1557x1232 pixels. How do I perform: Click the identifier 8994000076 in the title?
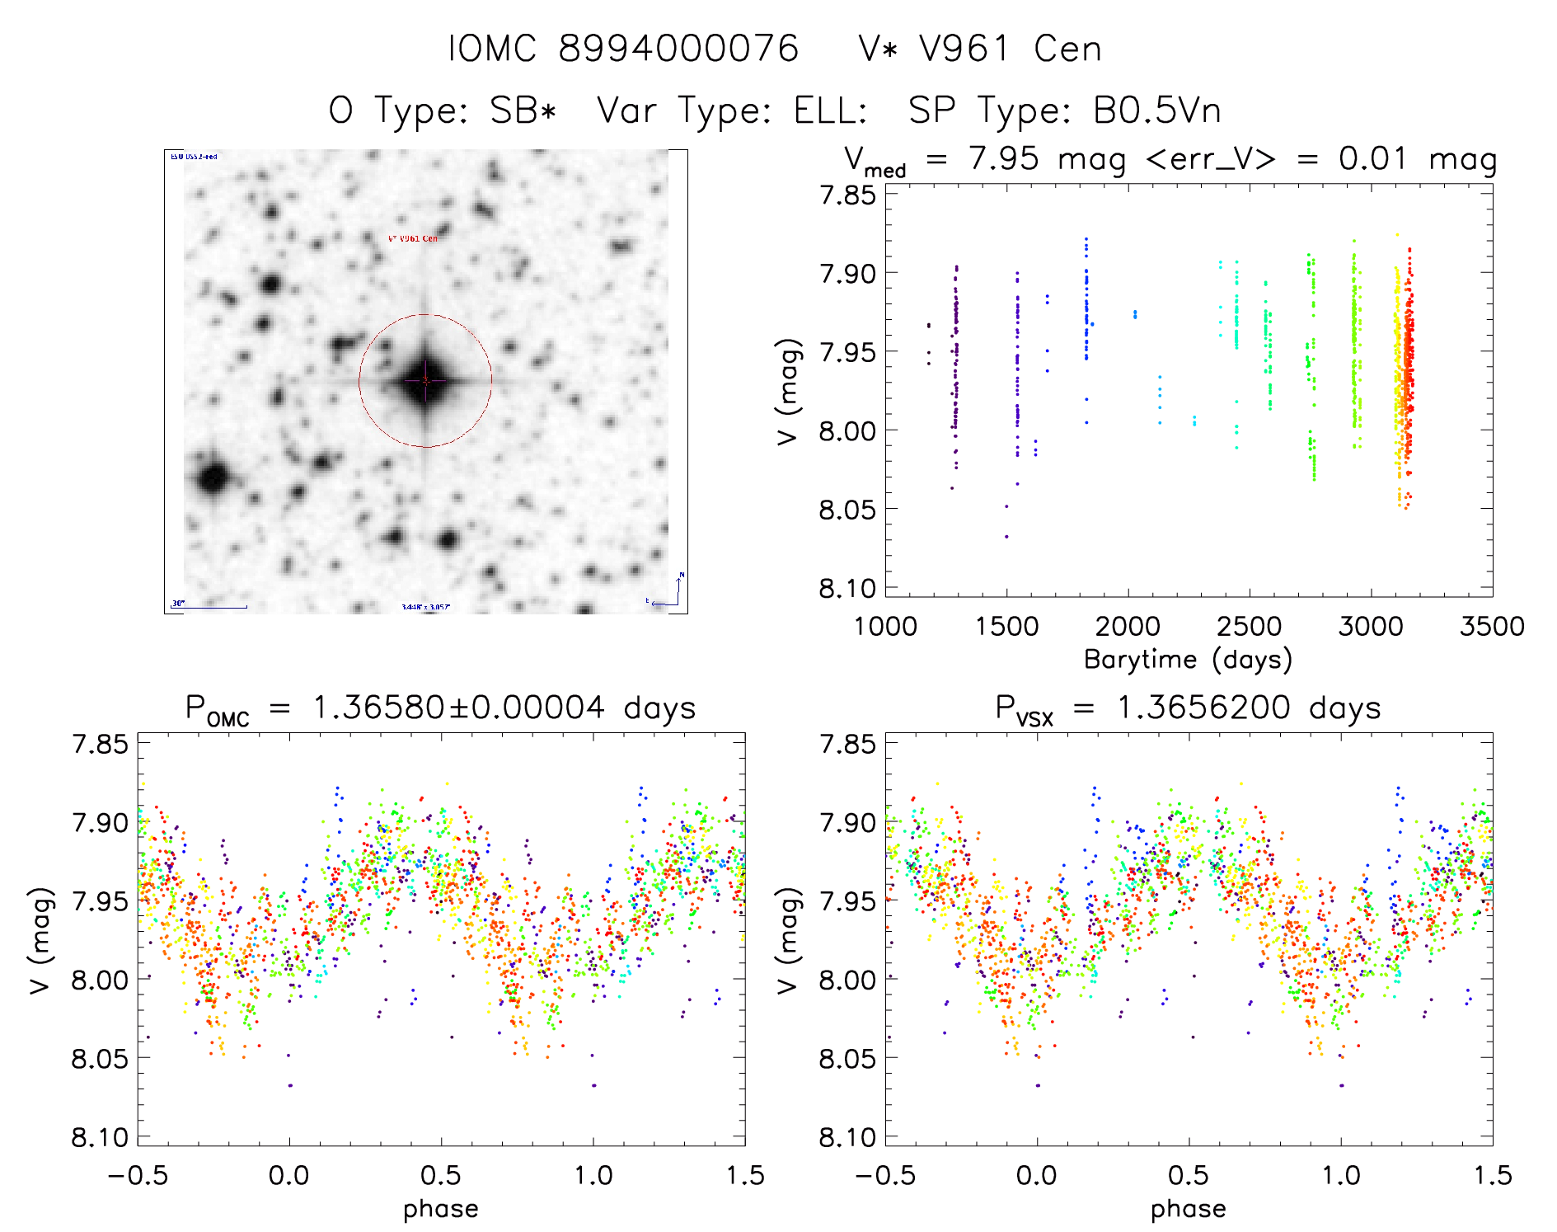tap(678, 49)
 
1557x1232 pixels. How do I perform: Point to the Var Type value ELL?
tap(830, 111)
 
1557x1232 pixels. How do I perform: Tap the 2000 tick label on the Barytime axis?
tap(1127, 627)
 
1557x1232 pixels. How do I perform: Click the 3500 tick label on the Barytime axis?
tap(1491, 627)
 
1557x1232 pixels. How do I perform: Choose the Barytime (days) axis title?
tap(1188, 660)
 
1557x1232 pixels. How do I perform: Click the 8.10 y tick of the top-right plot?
tap(847, 589)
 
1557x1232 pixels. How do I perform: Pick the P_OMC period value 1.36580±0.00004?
tap(458, 708)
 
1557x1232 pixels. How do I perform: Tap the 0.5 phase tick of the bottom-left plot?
tap(441, 1176)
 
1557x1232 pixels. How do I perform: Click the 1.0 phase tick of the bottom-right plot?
tap(1341, 1176)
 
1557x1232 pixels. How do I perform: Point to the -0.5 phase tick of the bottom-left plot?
tap(138, 1176)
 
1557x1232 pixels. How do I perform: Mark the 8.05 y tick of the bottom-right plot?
tap(847, 1059)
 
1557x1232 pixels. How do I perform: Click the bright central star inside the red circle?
tap(425, 381)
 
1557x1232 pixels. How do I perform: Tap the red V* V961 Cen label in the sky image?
tap(413, 238)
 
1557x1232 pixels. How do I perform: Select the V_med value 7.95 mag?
tap(1047, 159)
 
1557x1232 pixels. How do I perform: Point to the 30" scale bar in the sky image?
tap(209, 606)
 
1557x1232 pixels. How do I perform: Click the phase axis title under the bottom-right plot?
tap(1188, 1209)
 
